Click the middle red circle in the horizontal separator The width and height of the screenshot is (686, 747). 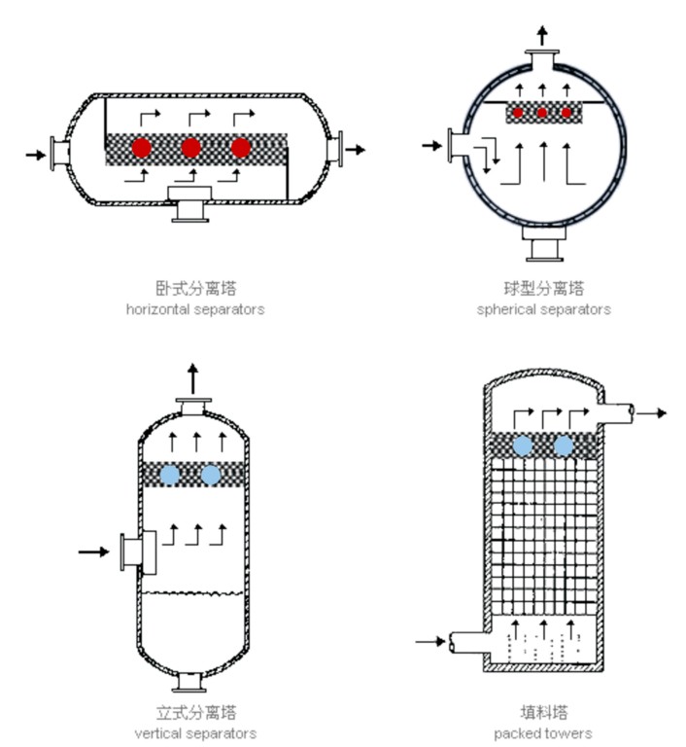[x=190, y=148]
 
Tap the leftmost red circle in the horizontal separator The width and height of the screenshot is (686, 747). [x=142, y=148]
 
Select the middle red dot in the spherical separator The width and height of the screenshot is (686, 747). [x=542, y=113]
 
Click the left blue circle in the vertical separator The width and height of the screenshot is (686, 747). [x=170, y=475]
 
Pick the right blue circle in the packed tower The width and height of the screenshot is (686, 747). [x=563, y=445]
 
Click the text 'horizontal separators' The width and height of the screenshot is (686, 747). [x=195, y=309]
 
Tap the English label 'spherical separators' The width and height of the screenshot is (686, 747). [x=543, y=309]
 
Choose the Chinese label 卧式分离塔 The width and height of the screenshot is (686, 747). [x=195, y=288]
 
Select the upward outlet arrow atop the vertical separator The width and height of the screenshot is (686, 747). [x=193, y=376]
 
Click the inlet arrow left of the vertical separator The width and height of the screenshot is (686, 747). [x=93, y=551]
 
